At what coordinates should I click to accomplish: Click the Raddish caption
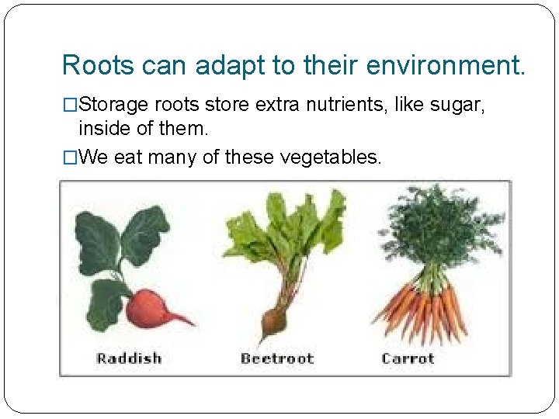coord(129,358)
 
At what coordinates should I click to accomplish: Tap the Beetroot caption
coord(277,358)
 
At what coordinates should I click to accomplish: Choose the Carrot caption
coord(408,358)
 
